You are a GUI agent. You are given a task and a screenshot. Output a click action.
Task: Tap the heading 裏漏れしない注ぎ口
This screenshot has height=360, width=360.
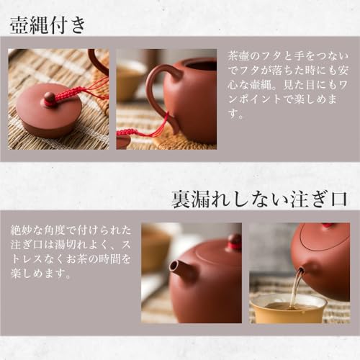(x=259, y=199)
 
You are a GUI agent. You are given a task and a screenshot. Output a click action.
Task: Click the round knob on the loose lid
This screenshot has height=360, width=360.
(x=50, y=99)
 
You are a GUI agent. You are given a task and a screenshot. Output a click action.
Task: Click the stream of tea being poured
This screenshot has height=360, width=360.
(x=296, y=288)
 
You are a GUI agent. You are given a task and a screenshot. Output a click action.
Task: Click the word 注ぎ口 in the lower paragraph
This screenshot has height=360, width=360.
(x=30, y=245)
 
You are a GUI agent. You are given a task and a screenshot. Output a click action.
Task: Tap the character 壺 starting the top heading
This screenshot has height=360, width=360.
(x=19, y=25)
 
